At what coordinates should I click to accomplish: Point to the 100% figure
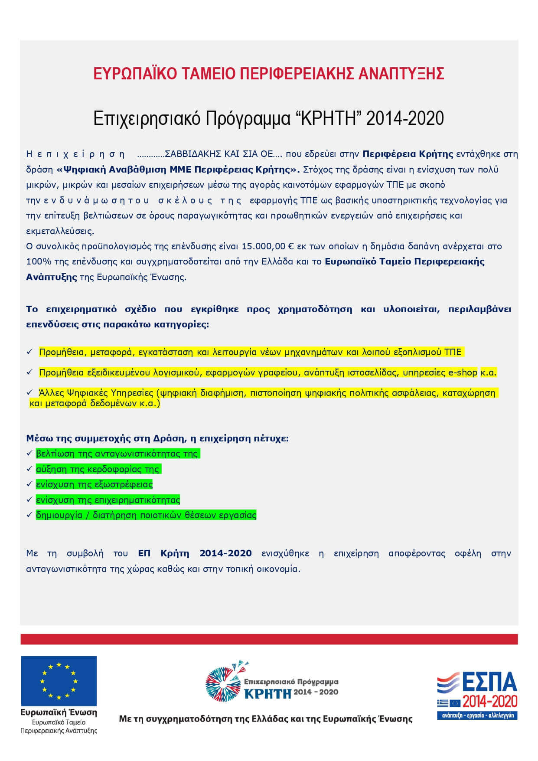click(x=36, y=261)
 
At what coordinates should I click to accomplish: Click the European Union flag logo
click(x=59, y=681)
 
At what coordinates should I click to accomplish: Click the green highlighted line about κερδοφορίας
click(x=98, y=469)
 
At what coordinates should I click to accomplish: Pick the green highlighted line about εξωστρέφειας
click(x=95, y=484)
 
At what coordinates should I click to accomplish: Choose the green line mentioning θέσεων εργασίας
click(x=146, y=515)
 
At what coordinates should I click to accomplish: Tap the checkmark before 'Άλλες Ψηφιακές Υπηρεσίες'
click(x=30, y=392)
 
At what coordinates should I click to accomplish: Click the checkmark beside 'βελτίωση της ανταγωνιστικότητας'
click(x=29, y=454)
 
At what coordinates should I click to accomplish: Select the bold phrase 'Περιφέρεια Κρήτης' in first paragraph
click(x=408, y=154)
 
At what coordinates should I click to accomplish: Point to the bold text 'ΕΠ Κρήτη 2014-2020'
click(x=195, y=553)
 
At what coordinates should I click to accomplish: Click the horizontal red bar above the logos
click(x=269, y=639)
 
